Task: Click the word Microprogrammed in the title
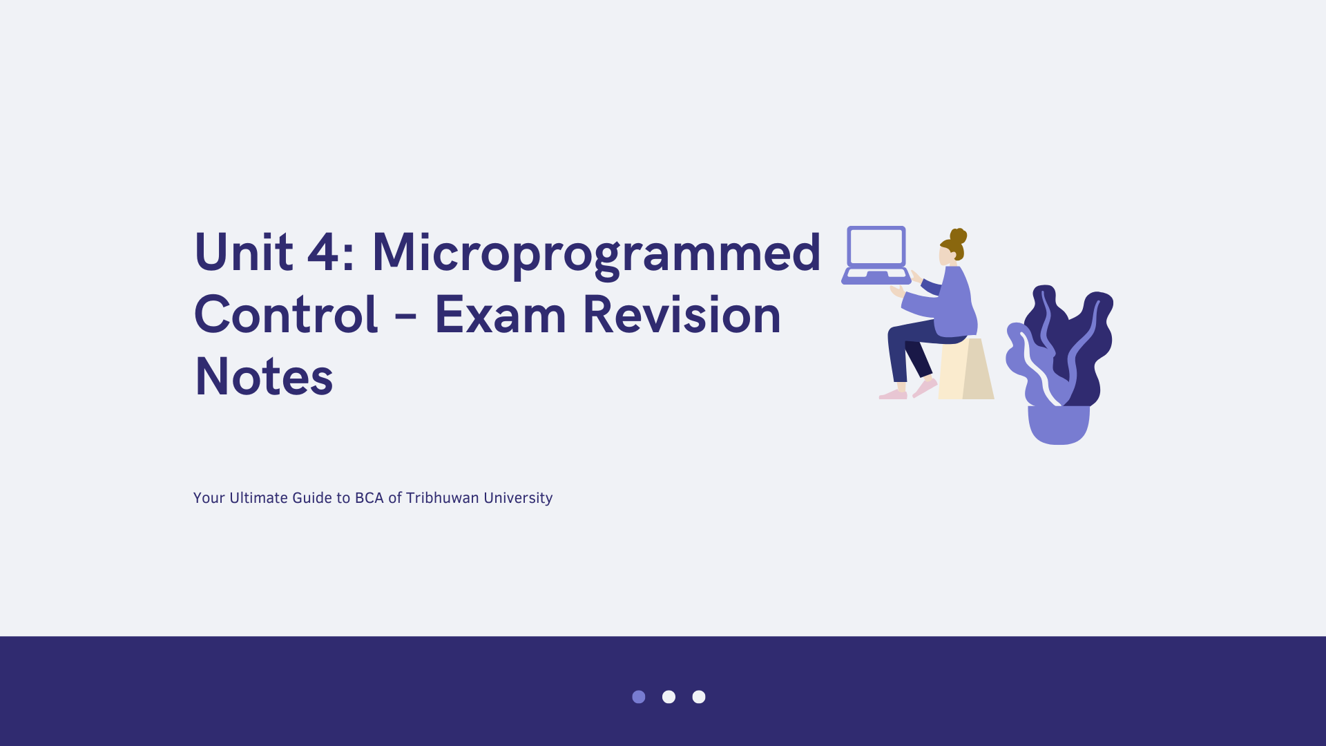(597, 254)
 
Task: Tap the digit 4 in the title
(323, 252)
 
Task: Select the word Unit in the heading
(244, 252)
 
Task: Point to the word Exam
(501, 315)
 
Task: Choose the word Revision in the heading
(682, 314)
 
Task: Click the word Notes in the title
(265, 376)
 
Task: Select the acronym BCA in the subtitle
(369, 498)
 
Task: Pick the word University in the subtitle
(518, 499)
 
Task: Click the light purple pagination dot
(639, 697)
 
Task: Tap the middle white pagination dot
(669, 697)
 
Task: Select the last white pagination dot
(699, 697)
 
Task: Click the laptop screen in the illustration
(876, 247)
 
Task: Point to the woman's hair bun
(959, 236)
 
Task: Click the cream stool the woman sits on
(966, 369)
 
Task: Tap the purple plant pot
(1059, 425)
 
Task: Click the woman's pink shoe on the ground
(893, 394)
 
